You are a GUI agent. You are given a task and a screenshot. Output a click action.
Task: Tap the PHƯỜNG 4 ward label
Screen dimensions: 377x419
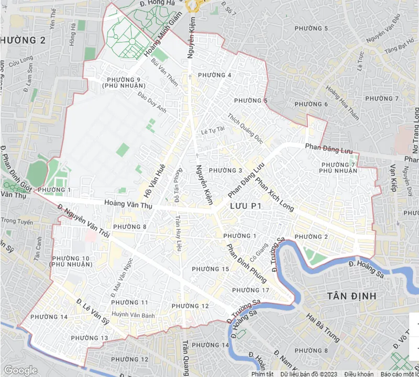coord(215,75)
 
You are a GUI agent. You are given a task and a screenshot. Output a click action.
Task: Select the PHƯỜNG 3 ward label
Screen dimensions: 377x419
coord(225,171)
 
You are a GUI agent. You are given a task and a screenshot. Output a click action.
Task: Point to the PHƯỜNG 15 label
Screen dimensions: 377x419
coord(211,269)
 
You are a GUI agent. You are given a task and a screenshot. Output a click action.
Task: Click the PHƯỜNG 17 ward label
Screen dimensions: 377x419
coord(250,290)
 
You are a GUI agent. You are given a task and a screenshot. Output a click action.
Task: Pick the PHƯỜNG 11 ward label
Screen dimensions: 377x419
coord(129,303)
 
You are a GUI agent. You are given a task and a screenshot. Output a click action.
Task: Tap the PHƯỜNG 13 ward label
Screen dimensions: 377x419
coord(89,338)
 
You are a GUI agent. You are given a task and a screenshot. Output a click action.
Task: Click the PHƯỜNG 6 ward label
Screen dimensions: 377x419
coord(311,104)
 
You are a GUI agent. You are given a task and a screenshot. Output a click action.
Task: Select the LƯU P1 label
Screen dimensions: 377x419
coord(245,207)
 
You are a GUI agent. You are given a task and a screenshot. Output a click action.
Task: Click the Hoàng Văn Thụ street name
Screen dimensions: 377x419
coord(128,205)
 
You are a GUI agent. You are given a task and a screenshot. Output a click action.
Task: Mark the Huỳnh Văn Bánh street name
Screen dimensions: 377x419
coord(134,315)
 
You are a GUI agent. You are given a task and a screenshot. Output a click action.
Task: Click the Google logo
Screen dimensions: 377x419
coord(20,370)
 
